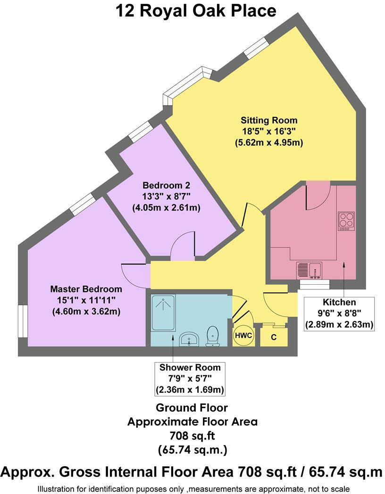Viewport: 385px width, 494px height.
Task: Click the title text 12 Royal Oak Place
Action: point(196,10)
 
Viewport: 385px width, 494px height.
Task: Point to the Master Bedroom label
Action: point(86,289)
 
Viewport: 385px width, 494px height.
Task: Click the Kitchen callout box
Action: point(339,313)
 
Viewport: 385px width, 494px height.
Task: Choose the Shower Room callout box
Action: point(189,379)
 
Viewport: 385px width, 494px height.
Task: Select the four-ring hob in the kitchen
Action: point(346,221)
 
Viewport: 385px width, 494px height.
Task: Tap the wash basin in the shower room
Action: point(190,339)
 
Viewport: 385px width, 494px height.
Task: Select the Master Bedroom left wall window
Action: point(23,321)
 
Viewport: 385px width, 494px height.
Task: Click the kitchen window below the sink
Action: point(314,284)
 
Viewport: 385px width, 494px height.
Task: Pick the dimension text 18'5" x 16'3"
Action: point(269,131)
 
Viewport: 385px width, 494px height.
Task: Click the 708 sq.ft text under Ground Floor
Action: point(192,436)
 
